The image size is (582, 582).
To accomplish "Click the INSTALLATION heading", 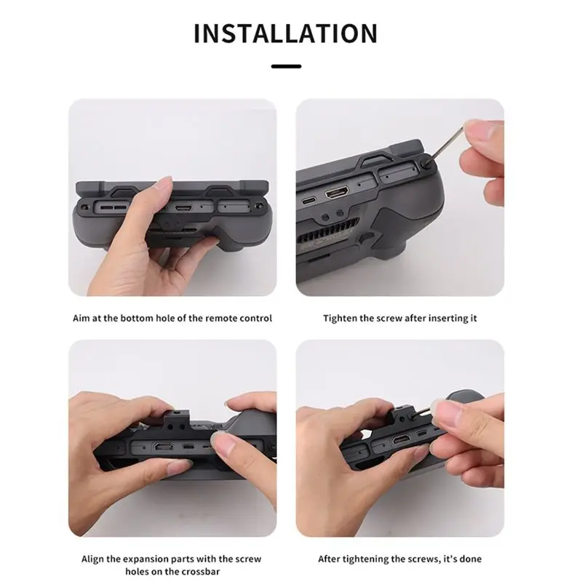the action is click(x=285, y=33).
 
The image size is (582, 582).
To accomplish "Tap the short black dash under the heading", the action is click(x=286, y=66).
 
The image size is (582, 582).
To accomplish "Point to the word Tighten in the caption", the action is click(x=340, y=319).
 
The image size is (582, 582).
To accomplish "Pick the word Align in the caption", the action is click(x=93, y=559).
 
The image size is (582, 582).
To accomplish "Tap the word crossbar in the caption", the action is click(x=202, y=571).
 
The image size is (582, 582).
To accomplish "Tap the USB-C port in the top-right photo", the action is click(x=308, y=201).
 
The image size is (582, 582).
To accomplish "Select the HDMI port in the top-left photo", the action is click(x=183, y=207).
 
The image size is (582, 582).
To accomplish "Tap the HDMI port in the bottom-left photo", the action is click(x=162, y=446).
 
